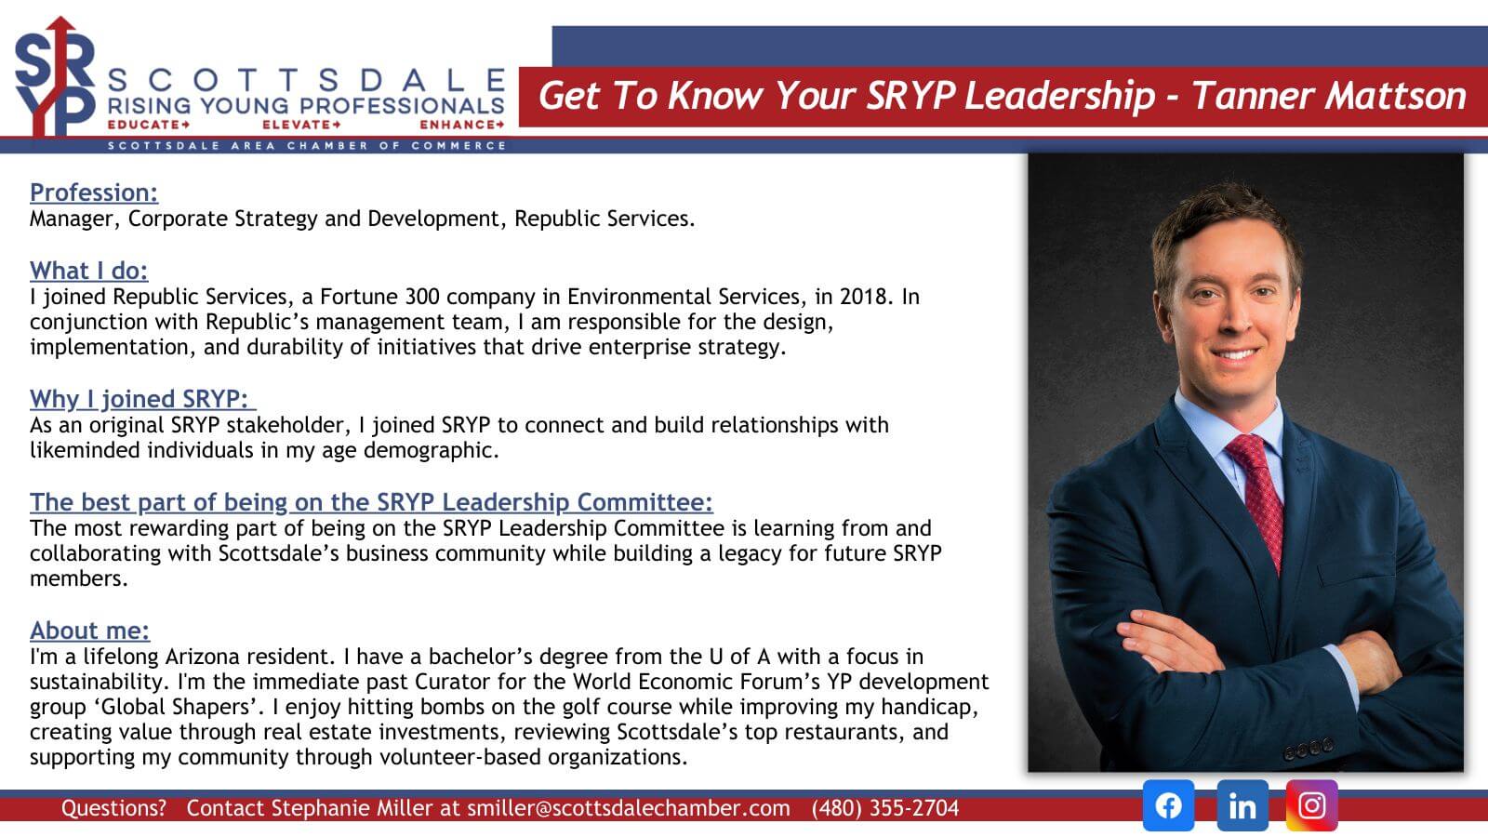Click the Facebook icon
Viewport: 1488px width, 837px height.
pos(1168,805)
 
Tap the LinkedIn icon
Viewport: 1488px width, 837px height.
pos(1242,805)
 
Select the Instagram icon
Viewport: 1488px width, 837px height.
pos(1312,805)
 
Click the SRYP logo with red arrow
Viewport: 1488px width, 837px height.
pos(55,76)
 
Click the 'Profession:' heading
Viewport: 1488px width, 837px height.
pos(94,192)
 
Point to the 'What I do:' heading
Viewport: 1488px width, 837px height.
pos(88,271)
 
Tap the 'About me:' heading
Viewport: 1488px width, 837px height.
pos(89,630)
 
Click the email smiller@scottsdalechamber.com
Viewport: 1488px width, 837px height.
pos(629,808)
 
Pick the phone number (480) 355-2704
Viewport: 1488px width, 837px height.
pos(884,808)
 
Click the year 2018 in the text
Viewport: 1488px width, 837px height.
pos(864,297)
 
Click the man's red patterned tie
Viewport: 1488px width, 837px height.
pos(1257,499)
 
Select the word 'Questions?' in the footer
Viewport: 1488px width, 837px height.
pos(113,808)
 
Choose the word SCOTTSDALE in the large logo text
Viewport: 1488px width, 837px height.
pos(306,81)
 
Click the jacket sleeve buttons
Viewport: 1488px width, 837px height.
pos(1308,748)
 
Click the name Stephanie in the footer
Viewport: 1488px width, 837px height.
pos(319,808)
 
